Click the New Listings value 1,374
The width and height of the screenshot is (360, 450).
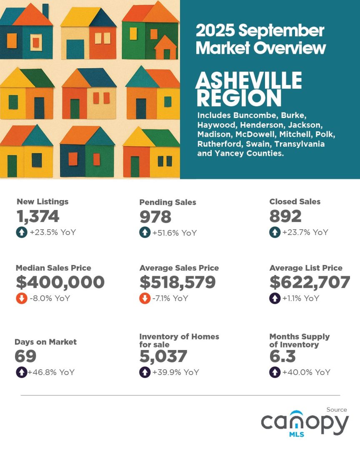pyautogui.click(x=38, y=217)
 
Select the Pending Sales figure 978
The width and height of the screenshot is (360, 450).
pyautogui.click(x=155, y=217)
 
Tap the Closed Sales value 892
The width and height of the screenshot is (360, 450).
pyautogui.click(x=285, y=217)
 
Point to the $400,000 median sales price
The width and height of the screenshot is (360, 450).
pyautogui.click(x=60, y=282)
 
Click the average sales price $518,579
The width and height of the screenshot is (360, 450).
pyautogui.click(x=177, y=282)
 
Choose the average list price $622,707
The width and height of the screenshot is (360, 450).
pyautogui.click(x=310, y=282)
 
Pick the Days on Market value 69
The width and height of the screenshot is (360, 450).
pyautogui.click(x=25, y=356)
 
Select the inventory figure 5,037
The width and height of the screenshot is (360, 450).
pyautogui.click(x=163, y=356)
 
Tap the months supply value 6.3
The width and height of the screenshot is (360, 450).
pyautogui.click(x=282, y=356)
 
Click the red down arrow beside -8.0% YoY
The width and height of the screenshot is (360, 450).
pyautogui.click(x=21, y=299)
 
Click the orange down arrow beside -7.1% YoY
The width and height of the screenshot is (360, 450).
pyautogui.click(x=145, y=299)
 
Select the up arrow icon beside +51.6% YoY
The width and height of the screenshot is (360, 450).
pyautogui.click(x=145, y=232)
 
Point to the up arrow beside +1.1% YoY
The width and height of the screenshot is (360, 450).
pyautogui.click(x=275, y=299)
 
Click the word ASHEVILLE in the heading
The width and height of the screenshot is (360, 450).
pyautogui.click(x=249, y=80)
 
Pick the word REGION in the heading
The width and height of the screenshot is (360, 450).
pyautogui.click(x=239, y=98)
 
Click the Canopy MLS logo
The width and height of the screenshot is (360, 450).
pyautogui.click(x=305, y=424)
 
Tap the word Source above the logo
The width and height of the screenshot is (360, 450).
pyautogui.click(x=336, y=410)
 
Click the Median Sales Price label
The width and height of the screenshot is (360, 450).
pyautogui.click(x=53, y=268)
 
